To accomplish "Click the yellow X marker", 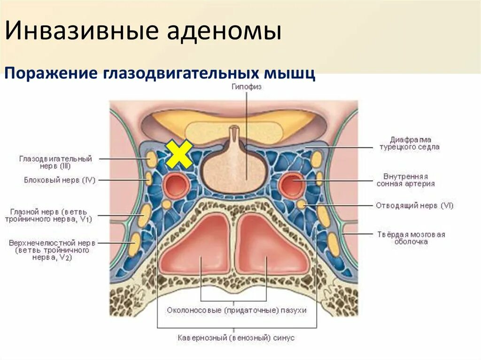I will pyautogui.click(x=179, y=154).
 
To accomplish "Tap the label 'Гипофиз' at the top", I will pyautogui.click(x=246, y=87).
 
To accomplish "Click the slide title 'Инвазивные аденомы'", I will pyautogui.click(x=144, y=31).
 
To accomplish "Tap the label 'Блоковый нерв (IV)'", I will pyautogui.click(x=60, y=180).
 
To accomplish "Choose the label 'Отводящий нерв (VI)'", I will pyautogui.click(x=414, y=206).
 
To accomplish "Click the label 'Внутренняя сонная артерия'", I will pyautogui.click(x=405, y=180).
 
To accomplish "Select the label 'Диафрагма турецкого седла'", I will pyautogui.click(x=409, y=143).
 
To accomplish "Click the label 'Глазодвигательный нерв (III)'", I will pyautogui.click(x=55, y=162).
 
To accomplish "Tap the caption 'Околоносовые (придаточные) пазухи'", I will pyautogui.click(x=236, y=311).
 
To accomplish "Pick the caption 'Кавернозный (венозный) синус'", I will pyautogui.click(x=236, y=337).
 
